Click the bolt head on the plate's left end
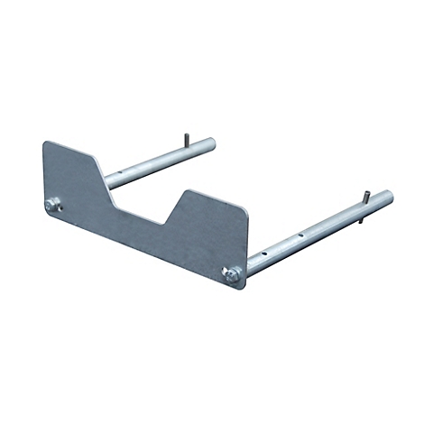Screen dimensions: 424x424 [53, 205]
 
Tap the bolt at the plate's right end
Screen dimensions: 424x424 [232, 275]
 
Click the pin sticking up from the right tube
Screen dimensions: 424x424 [366, 198]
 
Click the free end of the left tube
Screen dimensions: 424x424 [210, 143]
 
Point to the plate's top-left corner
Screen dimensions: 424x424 [45, 143]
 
